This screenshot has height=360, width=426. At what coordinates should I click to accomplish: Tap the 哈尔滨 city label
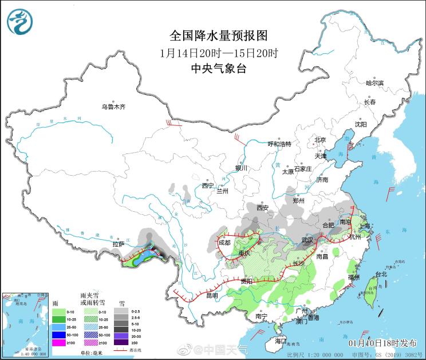[x=374, y=83]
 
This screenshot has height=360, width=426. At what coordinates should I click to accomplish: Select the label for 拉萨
[x=119, y=244]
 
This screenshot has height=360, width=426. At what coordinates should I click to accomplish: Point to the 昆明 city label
[x=211, y=295]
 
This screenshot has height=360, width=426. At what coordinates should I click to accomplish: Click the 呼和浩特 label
[x=280, y=144]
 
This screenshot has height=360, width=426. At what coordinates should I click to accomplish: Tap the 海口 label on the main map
[x=280, y=341]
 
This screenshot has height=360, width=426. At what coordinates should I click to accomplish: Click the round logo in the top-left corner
[x=20, y=21]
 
